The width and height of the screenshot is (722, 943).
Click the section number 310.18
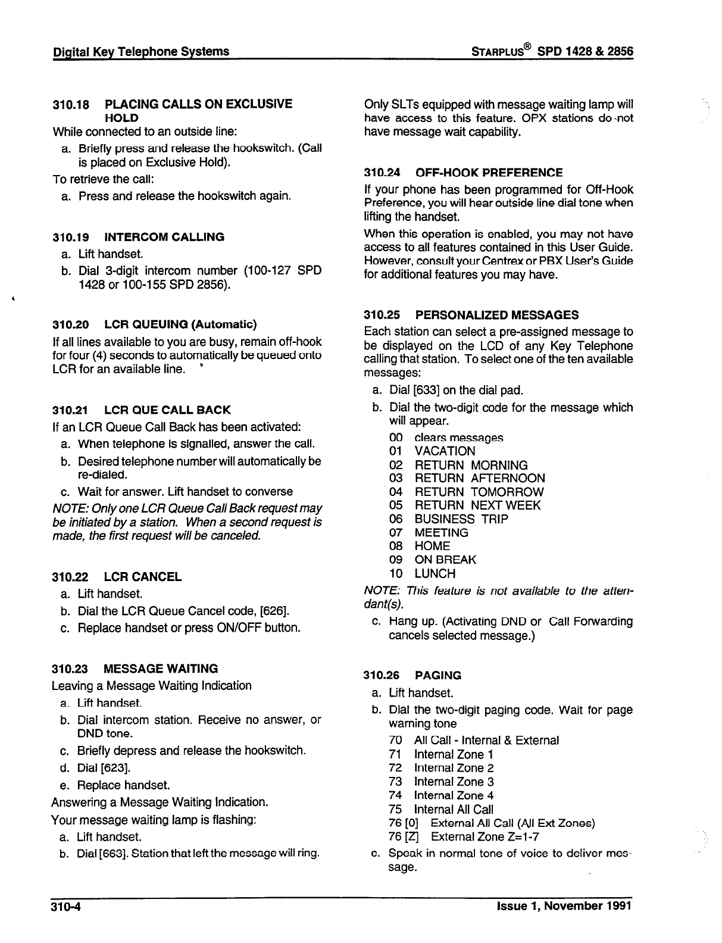tap(71, 105)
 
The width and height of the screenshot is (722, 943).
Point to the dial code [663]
tap(113, 854)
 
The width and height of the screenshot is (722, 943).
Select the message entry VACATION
tap(445, 451)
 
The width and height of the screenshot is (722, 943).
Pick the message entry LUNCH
tap(435, 574)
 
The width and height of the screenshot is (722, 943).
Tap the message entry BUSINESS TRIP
tap(461, 519)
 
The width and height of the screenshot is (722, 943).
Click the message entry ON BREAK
tap(445, 560)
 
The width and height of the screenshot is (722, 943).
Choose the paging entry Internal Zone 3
tap(454, 782)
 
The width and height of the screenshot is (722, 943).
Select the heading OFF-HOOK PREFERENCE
tap(489, 173)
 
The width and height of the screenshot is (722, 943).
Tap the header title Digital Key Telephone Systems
tap(140, 52)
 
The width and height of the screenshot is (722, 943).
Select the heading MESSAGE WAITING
tap(161, 669)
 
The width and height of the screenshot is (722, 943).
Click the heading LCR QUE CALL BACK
tap(167, 410)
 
